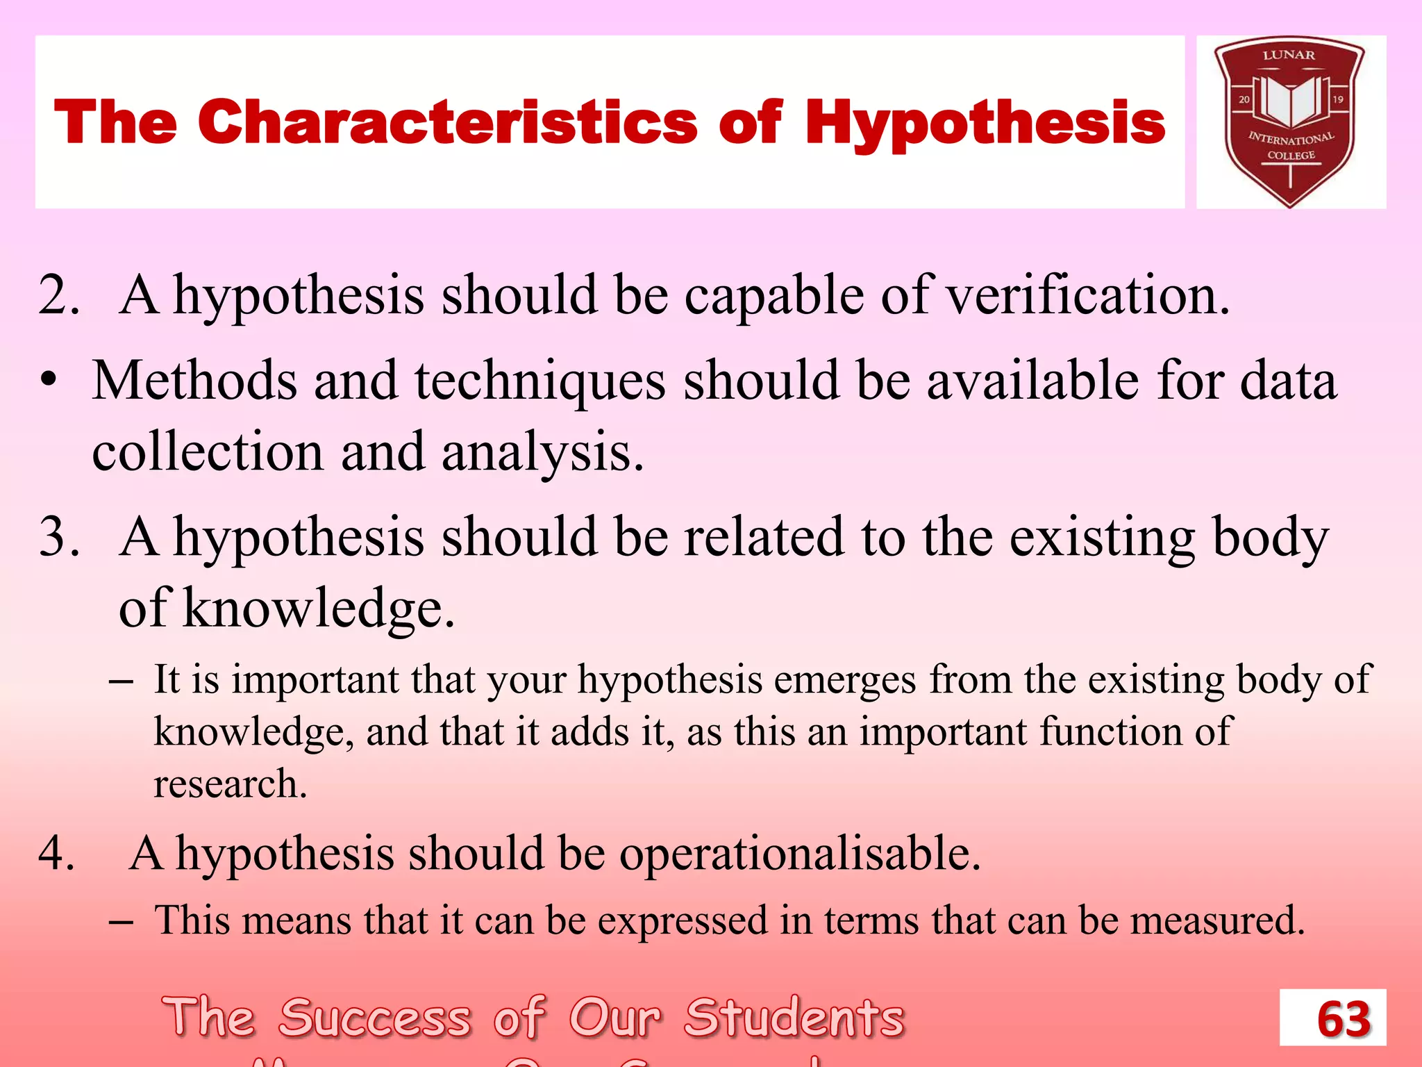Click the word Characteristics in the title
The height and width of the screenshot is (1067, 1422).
[x=447, y=122]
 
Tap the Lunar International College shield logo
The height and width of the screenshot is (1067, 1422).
[x=1290, y=122]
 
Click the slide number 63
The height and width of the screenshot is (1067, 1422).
[x=1343, y=1020]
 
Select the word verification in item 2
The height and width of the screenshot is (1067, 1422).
[x=1087, y=296]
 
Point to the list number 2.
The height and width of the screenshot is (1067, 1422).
[x=58, y=296]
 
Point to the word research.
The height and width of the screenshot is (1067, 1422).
[x=229, y=784]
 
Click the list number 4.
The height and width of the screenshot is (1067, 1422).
[x=56, y=852]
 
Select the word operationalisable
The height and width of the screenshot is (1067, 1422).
[x=799, y=854]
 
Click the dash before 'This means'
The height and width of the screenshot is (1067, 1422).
[x=121, y=921]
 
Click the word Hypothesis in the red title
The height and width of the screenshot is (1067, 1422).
[x=985, y=124]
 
